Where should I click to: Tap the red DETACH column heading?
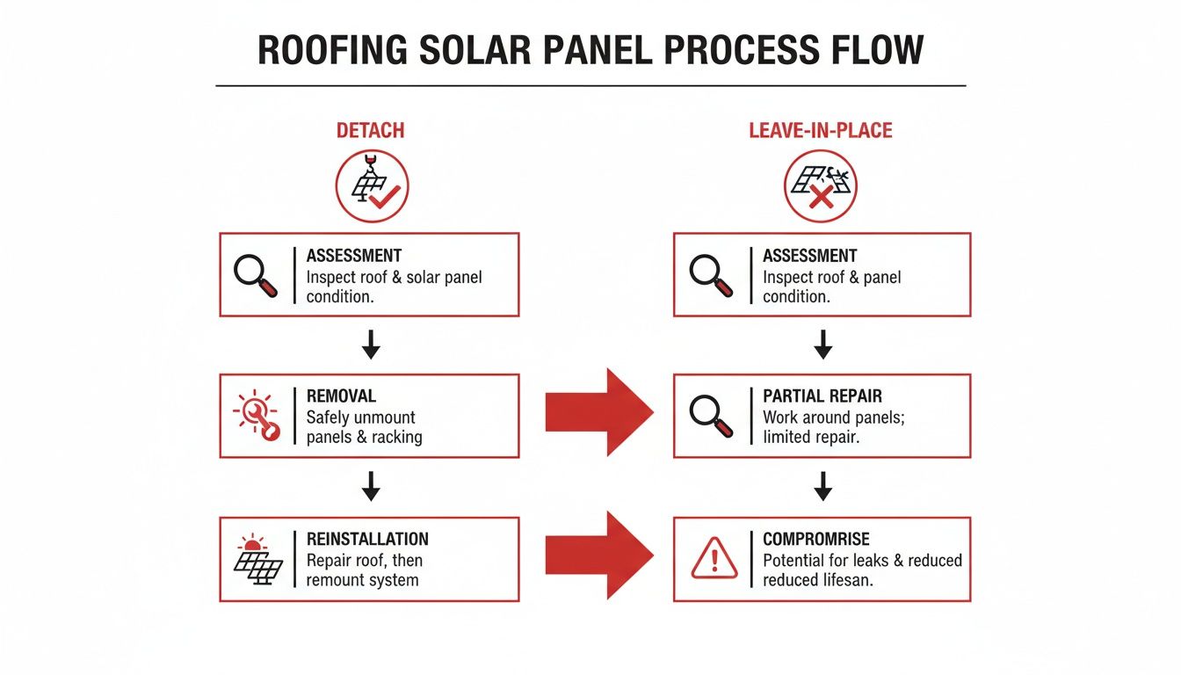(x=370, y=131)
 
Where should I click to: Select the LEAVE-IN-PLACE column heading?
(x=820, y=131)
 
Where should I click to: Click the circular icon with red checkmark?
(x=372, y=185)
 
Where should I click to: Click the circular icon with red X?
(x=820, y=185)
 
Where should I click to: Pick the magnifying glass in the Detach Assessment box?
(x=256, y=274)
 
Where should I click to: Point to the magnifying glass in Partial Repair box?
(x=711, y=416)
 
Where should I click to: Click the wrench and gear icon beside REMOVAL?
(x=256, y=416)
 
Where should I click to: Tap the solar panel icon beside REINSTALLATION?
(x=257, y=559)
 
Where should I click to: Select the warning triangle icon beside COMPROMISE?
(x=714, y=559)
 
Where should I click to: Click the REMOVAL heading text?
(x=341, y=396)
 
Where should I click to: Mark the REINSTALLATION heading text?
(x=367, y=539)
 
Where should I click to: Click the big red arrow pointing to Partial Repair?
(x=599, y=411)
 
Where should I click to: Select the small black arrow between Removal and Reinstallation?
(x=371, y=486)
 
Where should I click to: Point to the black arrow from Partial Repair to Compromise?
(x=822, y=486)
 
